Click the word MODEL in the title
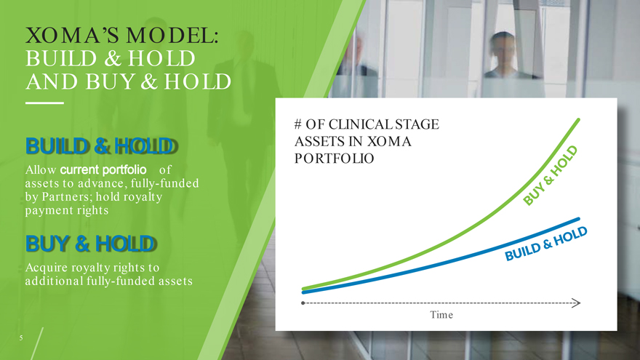[172, 36]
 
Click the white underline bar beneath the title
[44, 103]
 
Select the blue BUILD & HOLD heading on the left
[102, 146]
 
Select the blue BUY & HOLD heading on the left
[91, 244]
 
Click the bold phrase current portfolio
[103, 169]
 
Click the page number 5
[21, 338]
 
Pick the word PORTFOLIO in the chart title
[335, 159]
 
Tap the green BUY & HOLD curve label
[551, 175]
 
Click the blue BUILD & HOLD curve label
[546, 244]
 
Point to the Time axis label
[441, 315]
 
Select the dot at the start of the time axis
[303, 303]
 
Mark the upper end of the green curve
[578, 119]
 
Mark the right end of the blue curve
[578, 219]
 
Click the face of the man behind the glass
[503, 51]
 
